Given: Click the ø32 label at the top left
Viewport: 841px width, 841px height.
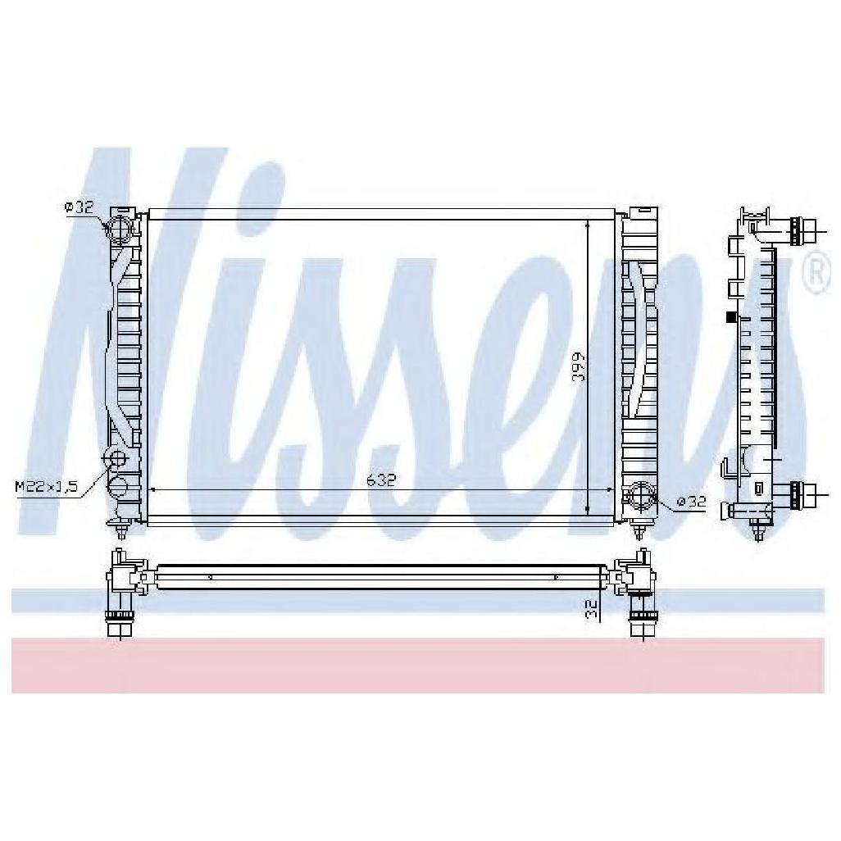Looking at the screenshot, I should pos(80,208).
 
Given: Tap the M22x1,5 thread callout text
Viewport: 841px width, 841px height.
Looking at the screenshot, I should pos(46,487).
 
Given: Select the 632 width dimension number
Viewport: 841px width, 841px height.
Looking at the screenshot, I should pos(380,481).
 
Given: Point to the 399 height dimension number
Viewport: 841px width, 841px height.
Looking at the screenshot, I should pos(579,368).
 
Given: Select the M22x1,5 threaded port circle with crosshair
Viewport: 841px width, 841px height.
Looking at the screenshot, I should pos(116,458).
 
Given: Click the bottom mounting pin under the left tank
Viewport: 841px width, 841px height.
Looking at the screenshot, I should pos(121,530).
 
